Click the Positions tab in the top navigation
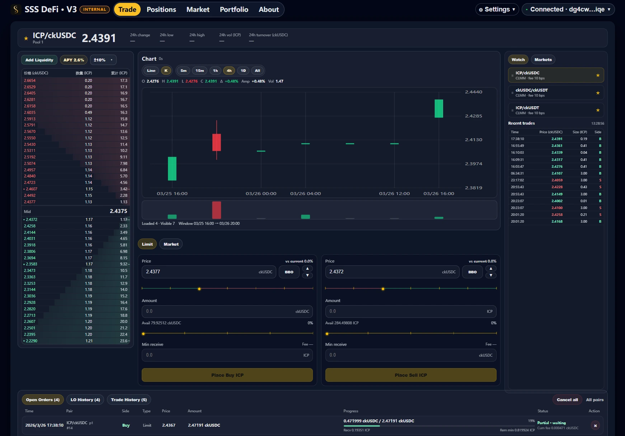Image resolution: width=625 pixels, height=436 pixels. coord(161,10)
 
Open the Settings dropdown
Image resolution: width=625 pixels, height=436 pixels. coord(497,10)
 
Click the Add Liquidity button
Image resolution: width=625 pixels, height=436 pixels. coord(39,60)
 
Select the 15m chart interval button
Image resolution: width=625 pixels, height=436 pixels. coord(199,71)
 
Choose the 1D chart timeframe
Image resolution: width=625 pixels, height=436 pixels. coord(243,71)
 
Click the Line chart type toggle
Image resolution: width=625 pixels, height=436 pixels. coord(151,71)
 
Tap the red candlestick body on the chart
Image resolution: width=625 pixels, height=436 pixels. coord(216,142)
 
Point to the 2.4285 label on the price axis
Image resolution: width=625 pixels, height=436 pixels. coord(473,116)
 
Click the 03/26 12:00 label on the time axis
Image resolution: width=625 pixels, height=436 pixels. coord(394,194)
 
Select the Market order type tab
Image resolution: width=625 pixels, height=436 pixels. coord(171,244)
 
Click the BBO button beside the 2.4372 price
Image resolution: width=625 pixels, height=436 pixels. coord(472,272)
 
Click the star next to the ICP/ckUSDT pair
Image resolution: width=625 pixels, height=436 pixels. coord(598,110)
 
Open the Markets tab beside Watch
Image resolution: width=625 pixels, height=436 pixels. coord(542,60)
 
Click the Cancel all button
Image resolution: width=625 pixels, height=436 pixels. coord(567,400)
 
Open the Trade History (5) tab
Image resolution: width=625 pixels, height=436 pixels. coord(129,400)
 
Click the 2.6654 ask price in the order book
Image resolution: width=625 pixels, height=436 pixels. coord(30,81)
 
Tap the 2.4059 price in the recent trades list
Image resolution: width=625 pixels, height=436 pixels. coord(557,180)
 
